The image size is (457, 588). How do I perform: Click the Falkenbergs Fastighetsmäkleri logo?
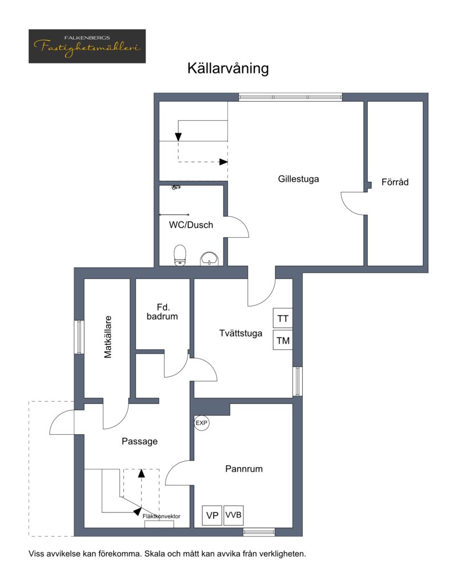pyautogui.click(x=87, y=46)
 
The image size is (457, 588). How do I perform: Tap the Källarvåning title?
pyautogui.click(x=228, y=69)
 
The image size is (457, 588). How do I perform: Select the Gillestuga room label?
pyautogui.click(x=298, y=179)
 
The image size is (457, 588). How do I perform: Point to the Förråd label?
pyautogui.click(x=395, y=182)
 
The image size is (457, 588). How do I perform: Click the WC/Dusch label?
pyautogui.click(x=191, y=225)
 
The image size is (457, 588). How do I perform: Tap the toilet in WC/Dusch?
pyautogui.click(x=180, y=255)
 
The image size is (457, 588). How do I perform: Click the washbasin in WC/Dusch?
pyautogui.click(x=210, y=259)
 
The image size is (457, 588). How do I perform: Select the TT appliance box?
pyautogui.click(x=283, y=319)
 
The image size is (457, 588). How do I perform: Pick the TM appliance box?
pyautogui.click(x=283, y=340)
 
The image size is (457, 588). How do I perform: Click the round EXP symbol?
pyautogui.click(x=202, y=423)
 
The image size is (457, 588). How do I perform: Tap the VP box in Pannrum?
pyautogui.click(x=212, y=515)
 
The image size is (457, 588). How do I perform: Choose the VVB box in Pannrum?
pyautogui.click(x=233, y=515)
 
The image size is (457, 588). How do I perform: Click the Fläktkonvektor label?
pyautogui.click(x=162, y=517)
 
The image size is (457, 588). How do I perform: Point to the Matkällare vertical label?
pyautogui.click(x=108, y=337)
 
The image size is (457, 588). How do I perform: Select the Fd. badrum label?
pyautogui.click(x=162, y=312)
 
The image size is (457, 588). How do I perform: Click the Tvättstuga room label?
pyautogui.click(x=240, y=333)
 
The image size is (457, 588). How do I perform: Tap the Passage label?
pyautogui.click(x=139, y=442)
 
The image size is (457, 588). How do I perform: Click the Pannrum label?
pyautogui.click(x=244, y=469)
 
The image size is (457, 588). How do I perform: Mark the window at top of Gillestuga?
pyautogui.click(x=291, y=97)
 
